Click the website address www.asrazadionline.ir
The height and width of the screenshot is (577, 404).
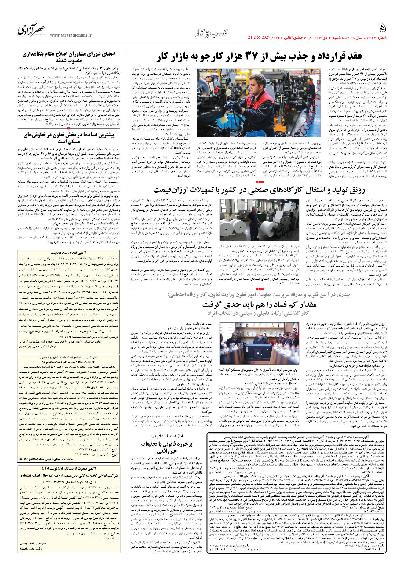click(71, 35)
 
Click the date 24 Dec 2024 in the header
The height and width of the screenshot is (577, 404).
click(259, 38)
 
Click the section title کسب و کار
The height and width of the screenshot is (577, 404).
click(211, 33)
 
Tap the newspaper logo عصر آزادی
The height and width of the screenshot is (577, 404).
click(31, 30)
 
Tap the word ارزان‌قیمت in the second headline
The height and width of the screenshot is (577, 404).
click(172, 190)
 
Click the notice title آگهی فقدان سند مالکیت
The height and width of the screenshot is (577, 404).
click(69, 253)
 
